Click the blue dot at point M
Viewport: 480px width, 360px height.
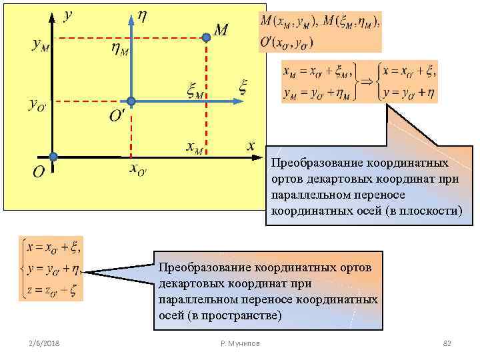point(207,39)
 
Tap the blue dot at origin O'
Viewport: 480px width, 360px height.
point(131,101)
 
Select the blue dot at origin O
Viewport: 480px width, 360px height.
point(53,157)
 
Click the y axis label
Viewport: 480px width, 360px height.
point(68,15)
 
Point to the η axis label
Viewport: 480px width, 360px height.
point(143,15)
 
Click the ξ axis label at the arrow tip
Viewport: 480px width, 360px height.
point(243,86)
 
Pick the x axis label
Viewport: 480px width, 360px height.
point(250,145)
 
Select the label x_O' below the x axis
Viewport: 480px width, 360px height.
point(138,169)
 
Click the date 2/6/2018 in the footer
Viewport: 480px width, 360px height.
point(44,343)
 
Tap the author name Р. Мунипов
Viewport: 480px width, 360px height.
point(240,343)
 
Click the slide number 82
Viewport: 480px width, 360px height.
point(447,343)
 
